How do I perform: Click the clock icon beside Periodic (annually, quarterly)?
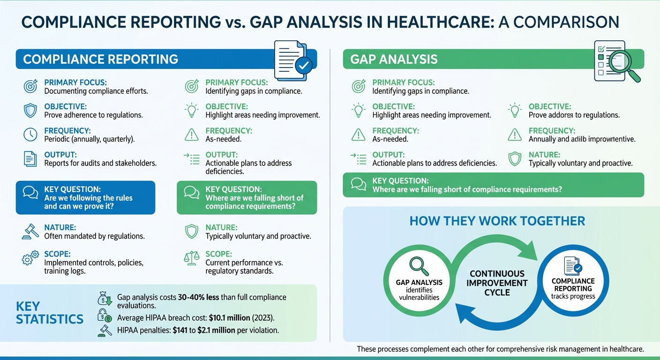tap(30, 135)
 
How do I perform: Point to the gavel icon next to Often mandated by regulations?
tap(30, 232)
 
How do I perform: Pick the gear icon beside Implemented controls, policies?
tap(30, 258)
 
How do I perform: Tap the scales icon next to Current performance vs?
tap(191, 258)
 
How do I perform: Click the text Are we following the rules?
tap(88, 198)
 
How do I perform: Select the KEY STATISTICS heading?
tap(49, 313)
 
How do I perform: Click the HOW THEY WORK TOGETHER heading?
tap(497, 221)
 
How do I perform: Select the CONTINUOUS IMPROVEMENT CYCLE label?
tap(497, 283)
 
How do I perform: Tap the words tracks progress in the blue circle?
tap(572, 296)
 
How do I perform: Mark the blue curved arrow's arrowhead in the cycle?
tap(463, 312)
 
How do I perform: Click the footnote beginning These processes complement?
tap(500, 349)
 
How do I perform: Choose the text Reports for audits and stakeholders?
tap(100, 163)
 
